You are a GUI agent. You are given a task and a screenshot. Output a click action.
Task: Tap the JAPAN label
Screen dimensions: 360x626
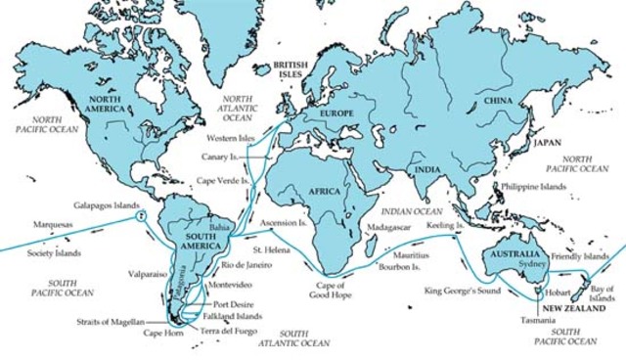point(547,143)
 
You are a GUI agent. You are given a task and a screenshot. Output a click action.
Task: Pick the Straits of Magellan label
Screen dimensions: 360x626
point(112,321)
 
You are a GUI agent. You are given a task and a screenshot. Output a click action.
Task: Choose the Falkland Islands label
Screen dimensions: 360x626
point(233,316)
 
